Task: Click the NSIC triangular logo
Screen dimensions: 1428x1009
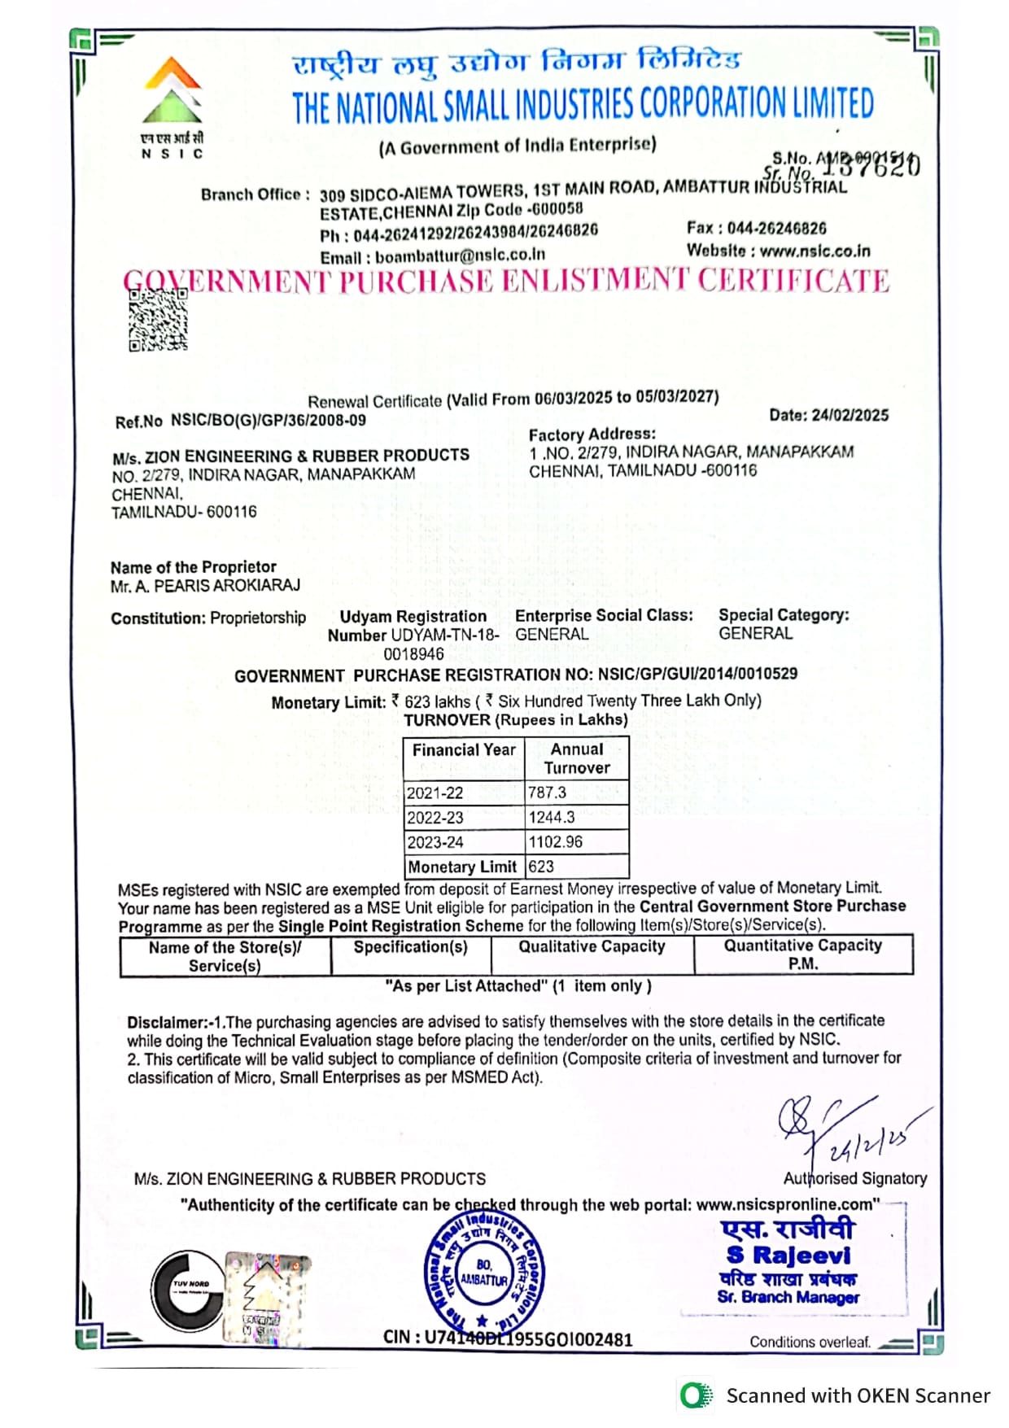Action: pyautogui.click(x=173, y=90)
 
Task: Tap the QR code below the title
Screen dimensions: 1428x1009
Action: pyautogui.click(x=158, y=320)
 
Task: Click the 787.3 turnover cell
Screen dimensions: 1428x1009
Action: pyautogui.click(x=547, y=793)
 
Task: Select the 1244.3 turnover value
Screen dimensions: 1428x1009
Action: pyautogui.click(x=551, y=817)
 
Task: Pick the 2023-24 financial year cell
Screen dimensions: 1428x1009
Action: pyautogui.click(x=435, y=842)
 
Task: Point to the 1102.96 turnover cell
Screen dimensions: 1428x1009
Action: pyautogui.click(x=555, y=842)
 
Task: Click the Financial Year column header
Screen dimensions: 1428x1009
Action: pyautogui.click(x=464, y=750)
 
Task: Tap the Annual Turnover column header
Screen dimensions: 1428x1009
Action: pyautogui.click(x=577, y=758)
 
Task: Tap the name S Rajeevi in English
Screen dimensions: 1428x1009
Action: pyautogui.click(x=788, y=1256)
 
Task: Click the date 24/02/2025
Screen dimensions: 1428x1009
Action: pyautogui.click(x=828, y=415)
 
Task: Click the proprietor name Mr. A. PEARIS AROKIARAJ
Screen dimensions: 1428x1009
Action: pyautogui.click(x=205, y=586)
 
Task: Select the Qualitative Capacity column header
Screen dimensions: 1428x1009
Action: pyautogui.click(x=592, y=946)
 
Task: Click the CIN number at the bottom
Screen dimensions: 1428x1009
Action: pyautogui.click(x=508, y=1338)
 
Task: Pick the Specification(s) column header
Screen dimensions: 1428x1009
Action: pyautogui.click(x=410, y=947)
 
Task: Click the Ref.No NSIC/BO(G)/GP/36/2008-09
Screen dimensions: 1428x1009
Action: pyautogui.click(x=240, y=421)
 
